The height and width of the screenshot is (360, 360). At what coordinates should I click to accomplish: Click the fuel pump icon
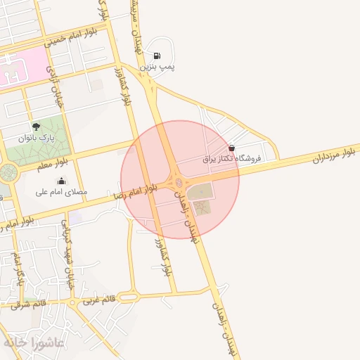pos(156,56)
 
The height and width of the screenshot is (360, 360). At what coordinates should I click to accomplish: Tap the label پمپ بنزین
pos(156,66)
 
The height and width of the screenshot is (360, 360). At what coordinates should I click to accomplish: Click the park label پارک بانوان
pos(36,137)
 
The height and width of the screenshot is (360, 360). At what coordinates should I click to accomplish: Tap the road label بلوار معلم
pos(54,162)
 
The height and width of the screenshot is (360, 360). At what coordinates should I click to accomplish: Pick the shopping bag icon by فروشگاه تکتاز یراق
pos(232,148)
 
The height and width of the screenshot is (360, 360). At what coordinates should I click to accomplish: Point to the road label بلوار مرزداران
pos(335,155)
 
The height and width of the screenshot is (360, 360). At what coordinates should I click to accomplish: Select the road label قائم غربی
pos(98,300)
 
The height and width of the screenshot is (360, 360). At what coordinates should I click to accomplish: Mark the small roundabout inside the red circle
pos(179,183)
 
